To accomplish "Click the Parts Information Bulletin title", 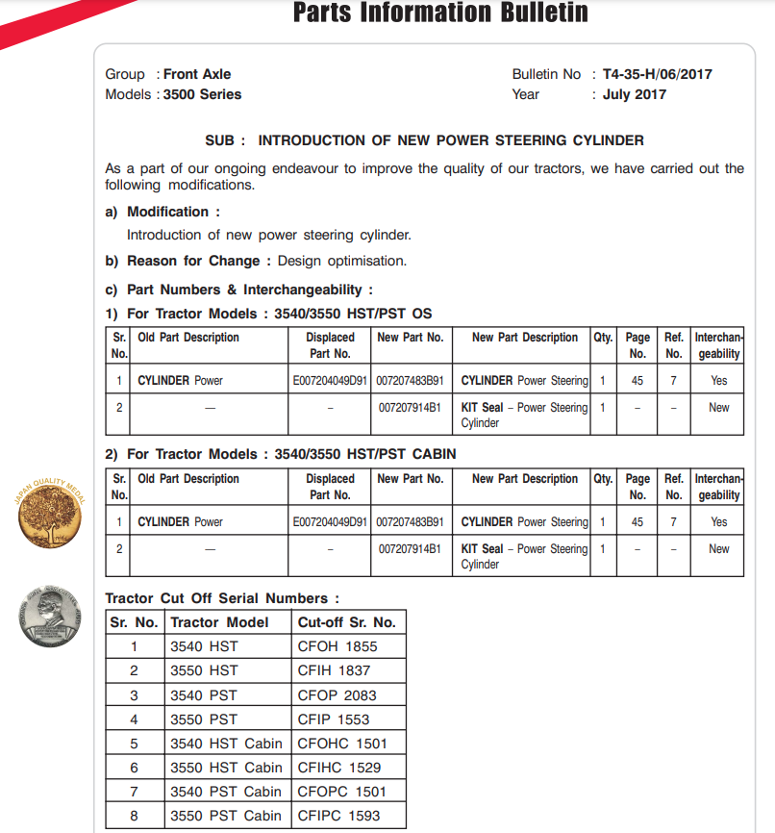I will pyautogui.click(x=439, y=13).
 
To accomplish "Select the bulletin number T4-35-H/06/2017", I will pyautogui.click(x=657, y=74).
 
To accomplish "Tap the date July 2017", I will pyautogui.click(x=634, y=94).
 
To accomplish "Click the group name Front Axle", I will pyautogui.click(x=197, y=74).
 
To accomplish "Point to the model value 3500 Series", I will pyautogui.click(x=202, y=94).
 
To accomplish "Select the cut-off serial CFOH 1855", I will pyautogui.click(x=337, y=646).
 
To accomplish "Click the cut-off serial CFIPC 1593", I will pyautogui.click(x=338, y=816).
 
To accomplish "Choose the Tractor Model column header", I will pyautogui.click(x=219, y=622).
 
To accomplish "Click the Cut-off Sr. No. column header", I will pyautogui.click(x=346, y=622).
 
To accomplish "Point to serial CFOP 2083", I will pyautogui.click(x=337, y=694).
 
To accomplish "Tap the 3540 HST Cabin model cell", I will pyautogui.click(x=226, y=744).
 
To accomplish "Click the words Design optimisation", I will pyautogui.click(x=342, y=261).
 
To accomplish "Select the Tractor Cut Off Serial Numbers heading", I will pyautogui.click(x=222, y=598).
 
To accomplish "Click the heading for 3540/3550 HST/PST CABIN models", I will pyautogui.click(x=280, y=454).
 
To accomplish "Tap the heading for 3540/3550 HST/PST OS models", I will pyautogui.click(x=268, y=314).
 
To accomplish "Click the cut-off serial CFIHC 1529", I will pyautogui.click(x=338, y=768).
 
